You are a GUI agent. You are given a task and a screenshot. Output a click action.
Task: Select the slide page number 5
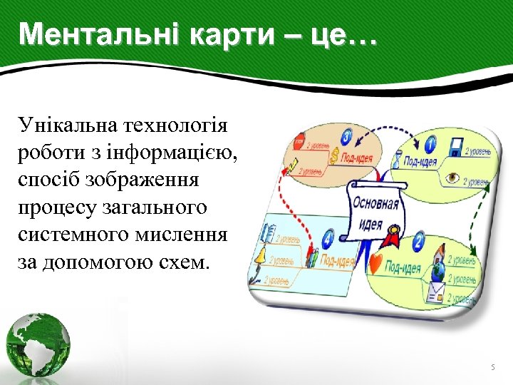tap(492, 367)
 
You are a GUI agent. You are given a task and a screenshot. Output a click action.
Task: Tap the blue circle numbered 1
tap(430, 145)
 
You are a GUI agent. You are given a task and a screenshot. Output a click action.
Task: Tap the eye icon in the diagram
tap(452, 178)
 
